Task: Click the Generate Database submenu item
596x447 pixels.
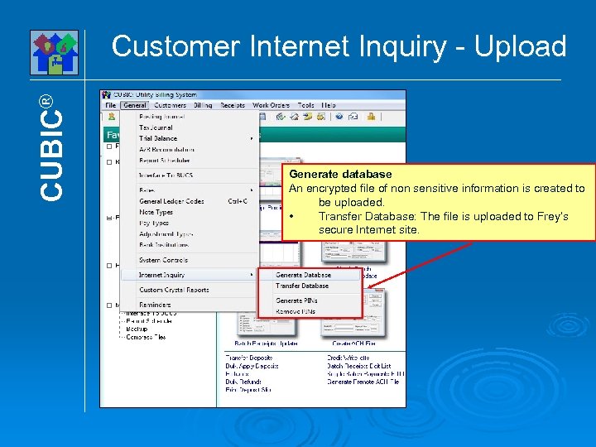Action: coord(303,275)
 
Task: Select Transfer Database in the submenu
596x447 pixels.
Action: coord(302,286)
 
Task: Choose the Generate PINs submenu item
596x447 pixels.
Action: coord(297,300)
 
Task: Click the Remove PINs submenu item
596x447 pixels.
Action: coord(296,310)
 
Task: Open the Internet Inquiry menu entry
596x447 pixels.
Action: coord(161,275)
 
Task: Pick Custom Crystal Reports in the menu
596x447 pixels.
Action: coord(174,290)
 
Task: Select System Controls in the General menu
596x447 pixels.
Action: coord(163,260)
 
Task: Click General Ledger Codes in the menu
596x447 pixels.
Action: coord(171,201)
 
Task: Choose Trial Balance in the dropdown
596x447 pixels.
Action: coord(157,138)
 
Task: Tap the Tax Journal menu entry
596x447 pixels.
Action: coord(156,127)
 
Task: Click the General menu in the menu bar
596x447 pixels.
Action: coord(134,106)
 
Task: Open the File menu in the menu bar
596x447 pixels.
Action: coord(110,106)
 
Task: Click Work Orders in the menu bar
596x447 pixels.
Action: coord(271,106)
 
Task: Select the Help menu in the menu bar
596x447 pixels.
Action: coord(329,106)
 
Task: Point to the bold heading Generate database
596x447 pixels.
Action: coord(339,175)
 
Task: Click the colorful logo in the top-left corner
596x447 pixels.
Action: coord(55,52)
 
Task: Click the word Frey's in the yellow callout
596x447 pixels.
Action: coord(549,216)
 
